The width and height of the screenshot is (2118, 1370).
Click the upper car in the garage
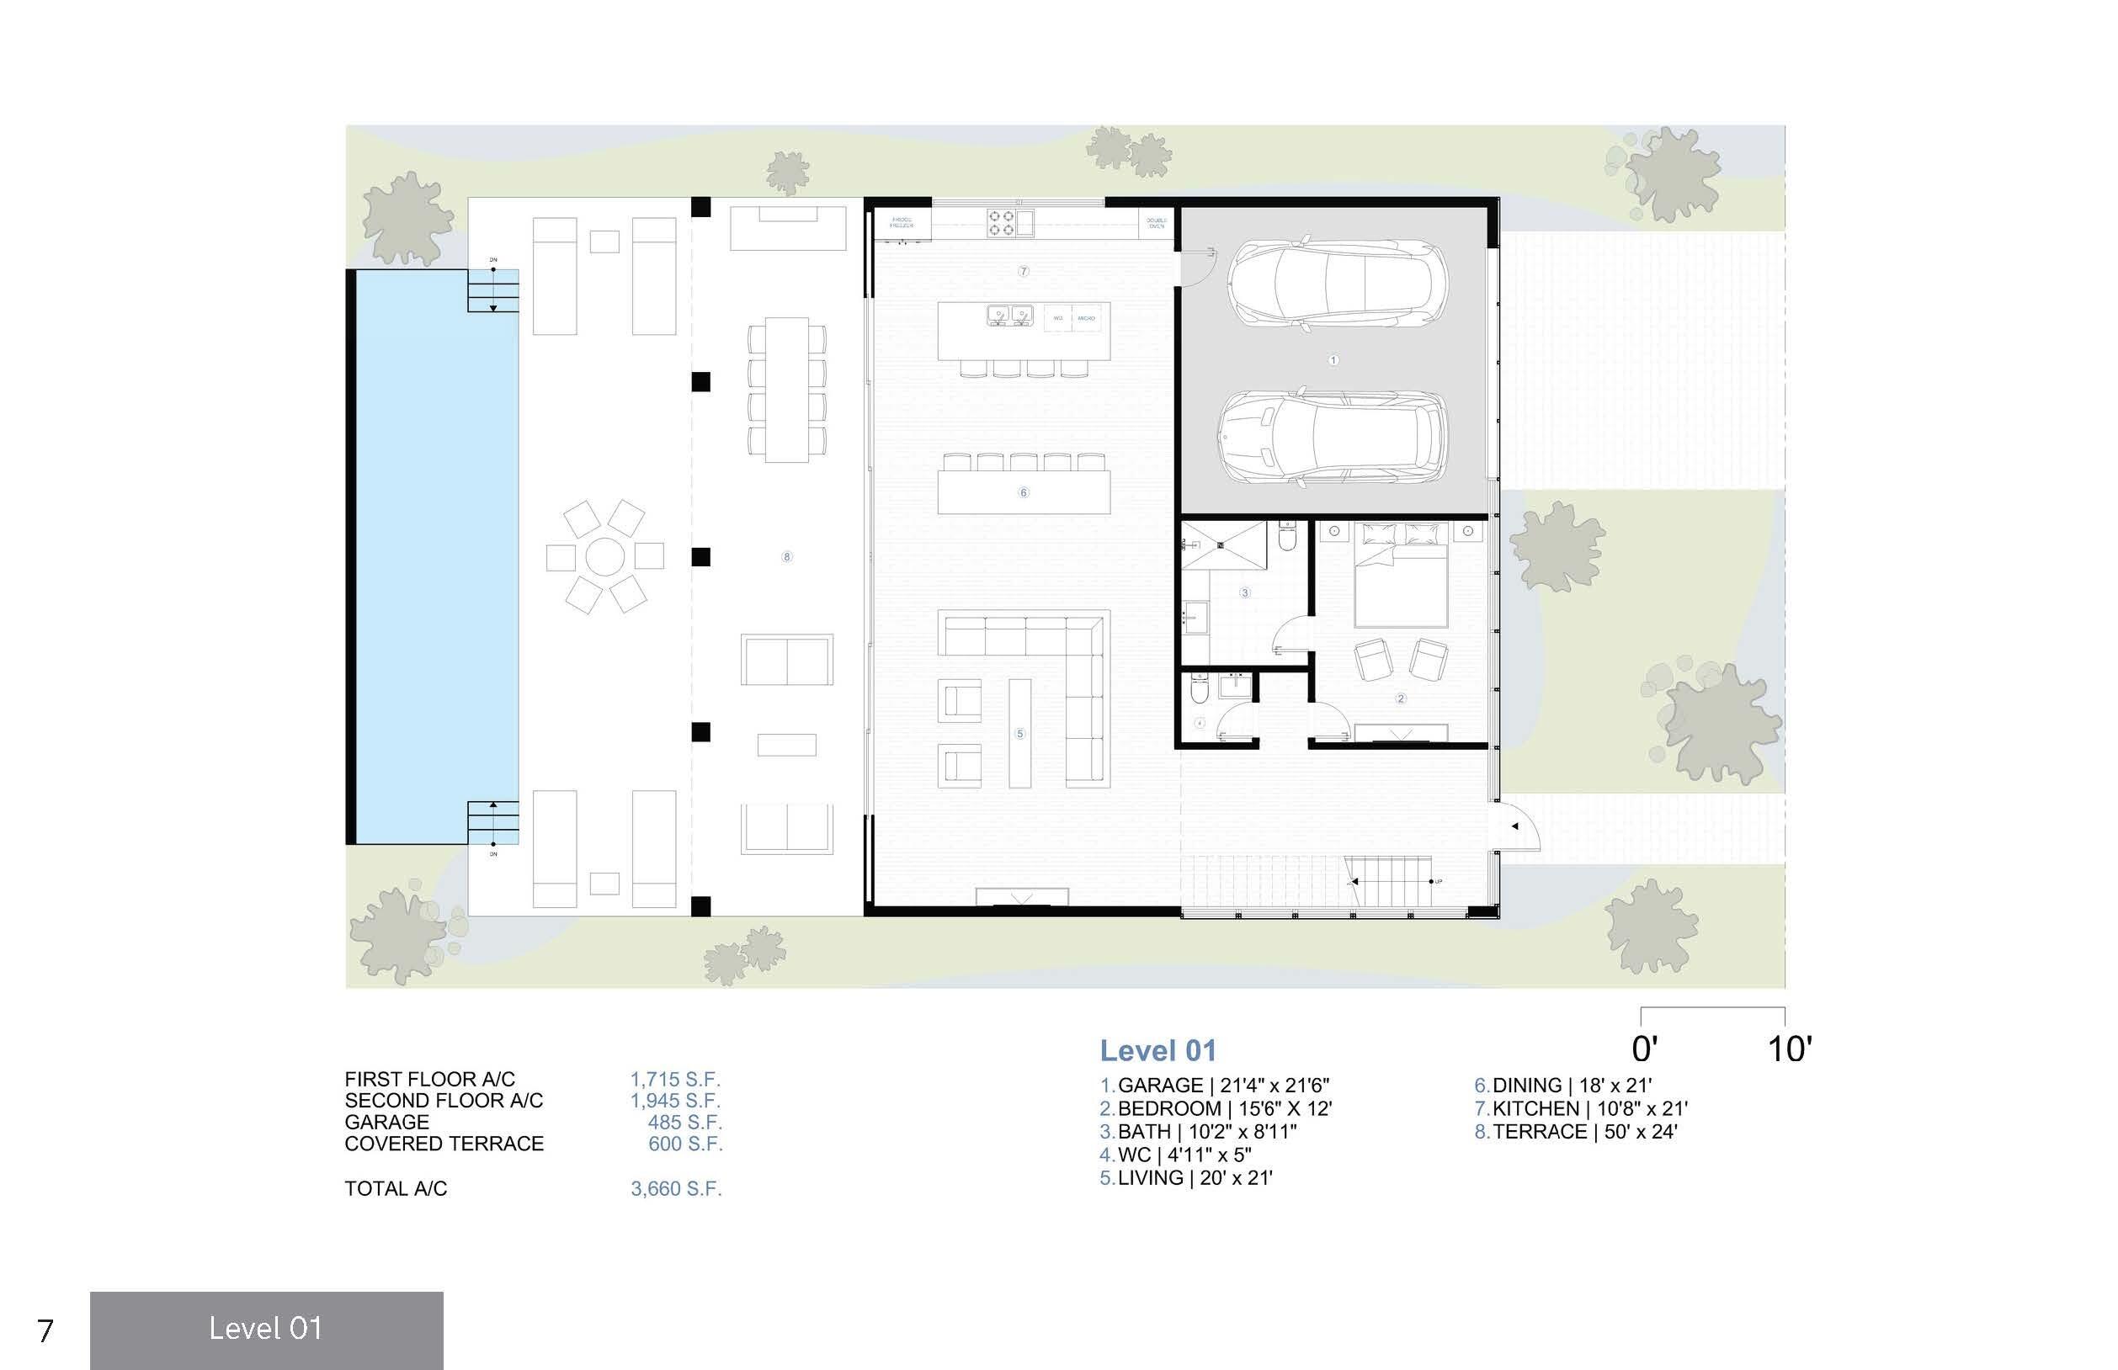click(x=1337, y=284)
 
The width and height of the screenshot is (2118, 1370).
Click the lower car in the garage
click(x=1331, y=438)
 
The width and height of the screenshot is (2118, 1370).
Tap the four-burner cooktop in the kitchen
click(x=1001, y=222)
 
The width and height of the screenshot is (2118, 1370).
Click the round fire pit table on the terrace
click(x=604, y=557)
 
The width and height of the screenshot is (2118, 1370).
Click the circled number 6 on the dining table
click(x=1024, y=492)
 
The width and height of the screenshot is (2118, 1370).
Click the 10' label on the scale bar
click(x=1789, y=1049)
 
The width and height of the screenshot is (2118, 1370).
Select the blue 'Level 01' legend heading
click(x=1157, y=1050)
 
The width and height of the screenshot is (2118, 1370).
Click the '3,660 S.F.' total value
click(x=676, y=1188)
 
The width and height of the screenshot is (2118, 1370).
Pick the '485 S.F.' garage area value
click(x=684, y=1123)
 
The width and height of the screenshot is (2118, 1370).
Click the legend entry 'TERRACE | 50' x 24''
click(x=1584, y=1132)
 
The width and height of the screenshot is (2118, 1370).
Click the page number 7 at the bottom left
click(x=45, y=1330)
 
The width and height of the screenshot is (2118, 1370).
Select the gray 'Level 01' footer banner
click(x=266, y=1329)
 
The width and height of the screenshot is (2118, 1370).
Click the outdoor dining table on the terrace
click(x=787, y=390)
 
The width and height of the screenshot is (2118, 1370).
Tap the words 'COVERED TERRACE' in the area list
click(x=444, y=1144)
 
